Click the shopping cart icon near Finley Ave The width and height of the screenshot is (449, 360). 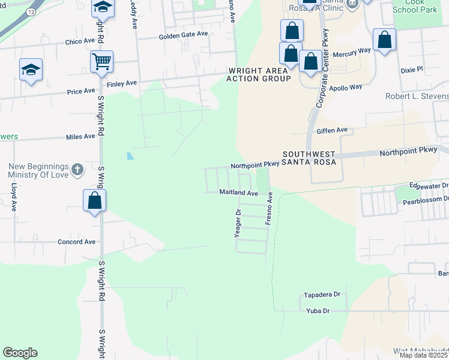click(x=102, y=61)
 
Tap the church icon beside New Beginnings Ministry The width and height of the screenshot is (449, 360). click(x=77, y=170)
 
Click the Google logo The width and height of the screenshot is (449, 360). click(x=20, y=353)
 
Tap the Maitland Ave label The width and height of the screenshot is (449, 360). click(x=238, y=193)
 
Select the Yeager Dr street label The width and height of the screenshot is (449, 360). click(x=238, y=223)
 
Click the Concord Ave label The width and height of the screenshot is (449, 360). click(x=76, y=242)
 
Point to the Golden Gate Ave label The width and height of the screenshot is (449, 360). click(x=183, y=35)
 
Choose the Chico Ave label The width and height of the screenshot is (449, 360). click(x=80, y=42)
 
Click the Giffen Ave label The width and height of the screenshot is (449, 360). click(x=332, y=130)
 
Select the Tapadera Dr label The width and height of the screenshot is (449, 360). click(x=322, y=295)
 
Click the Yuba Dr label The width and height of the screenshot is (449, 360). click(x=318, y=311)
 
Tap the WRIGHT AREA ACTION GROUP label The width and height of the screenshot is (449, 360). click(x=259, y=74)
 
